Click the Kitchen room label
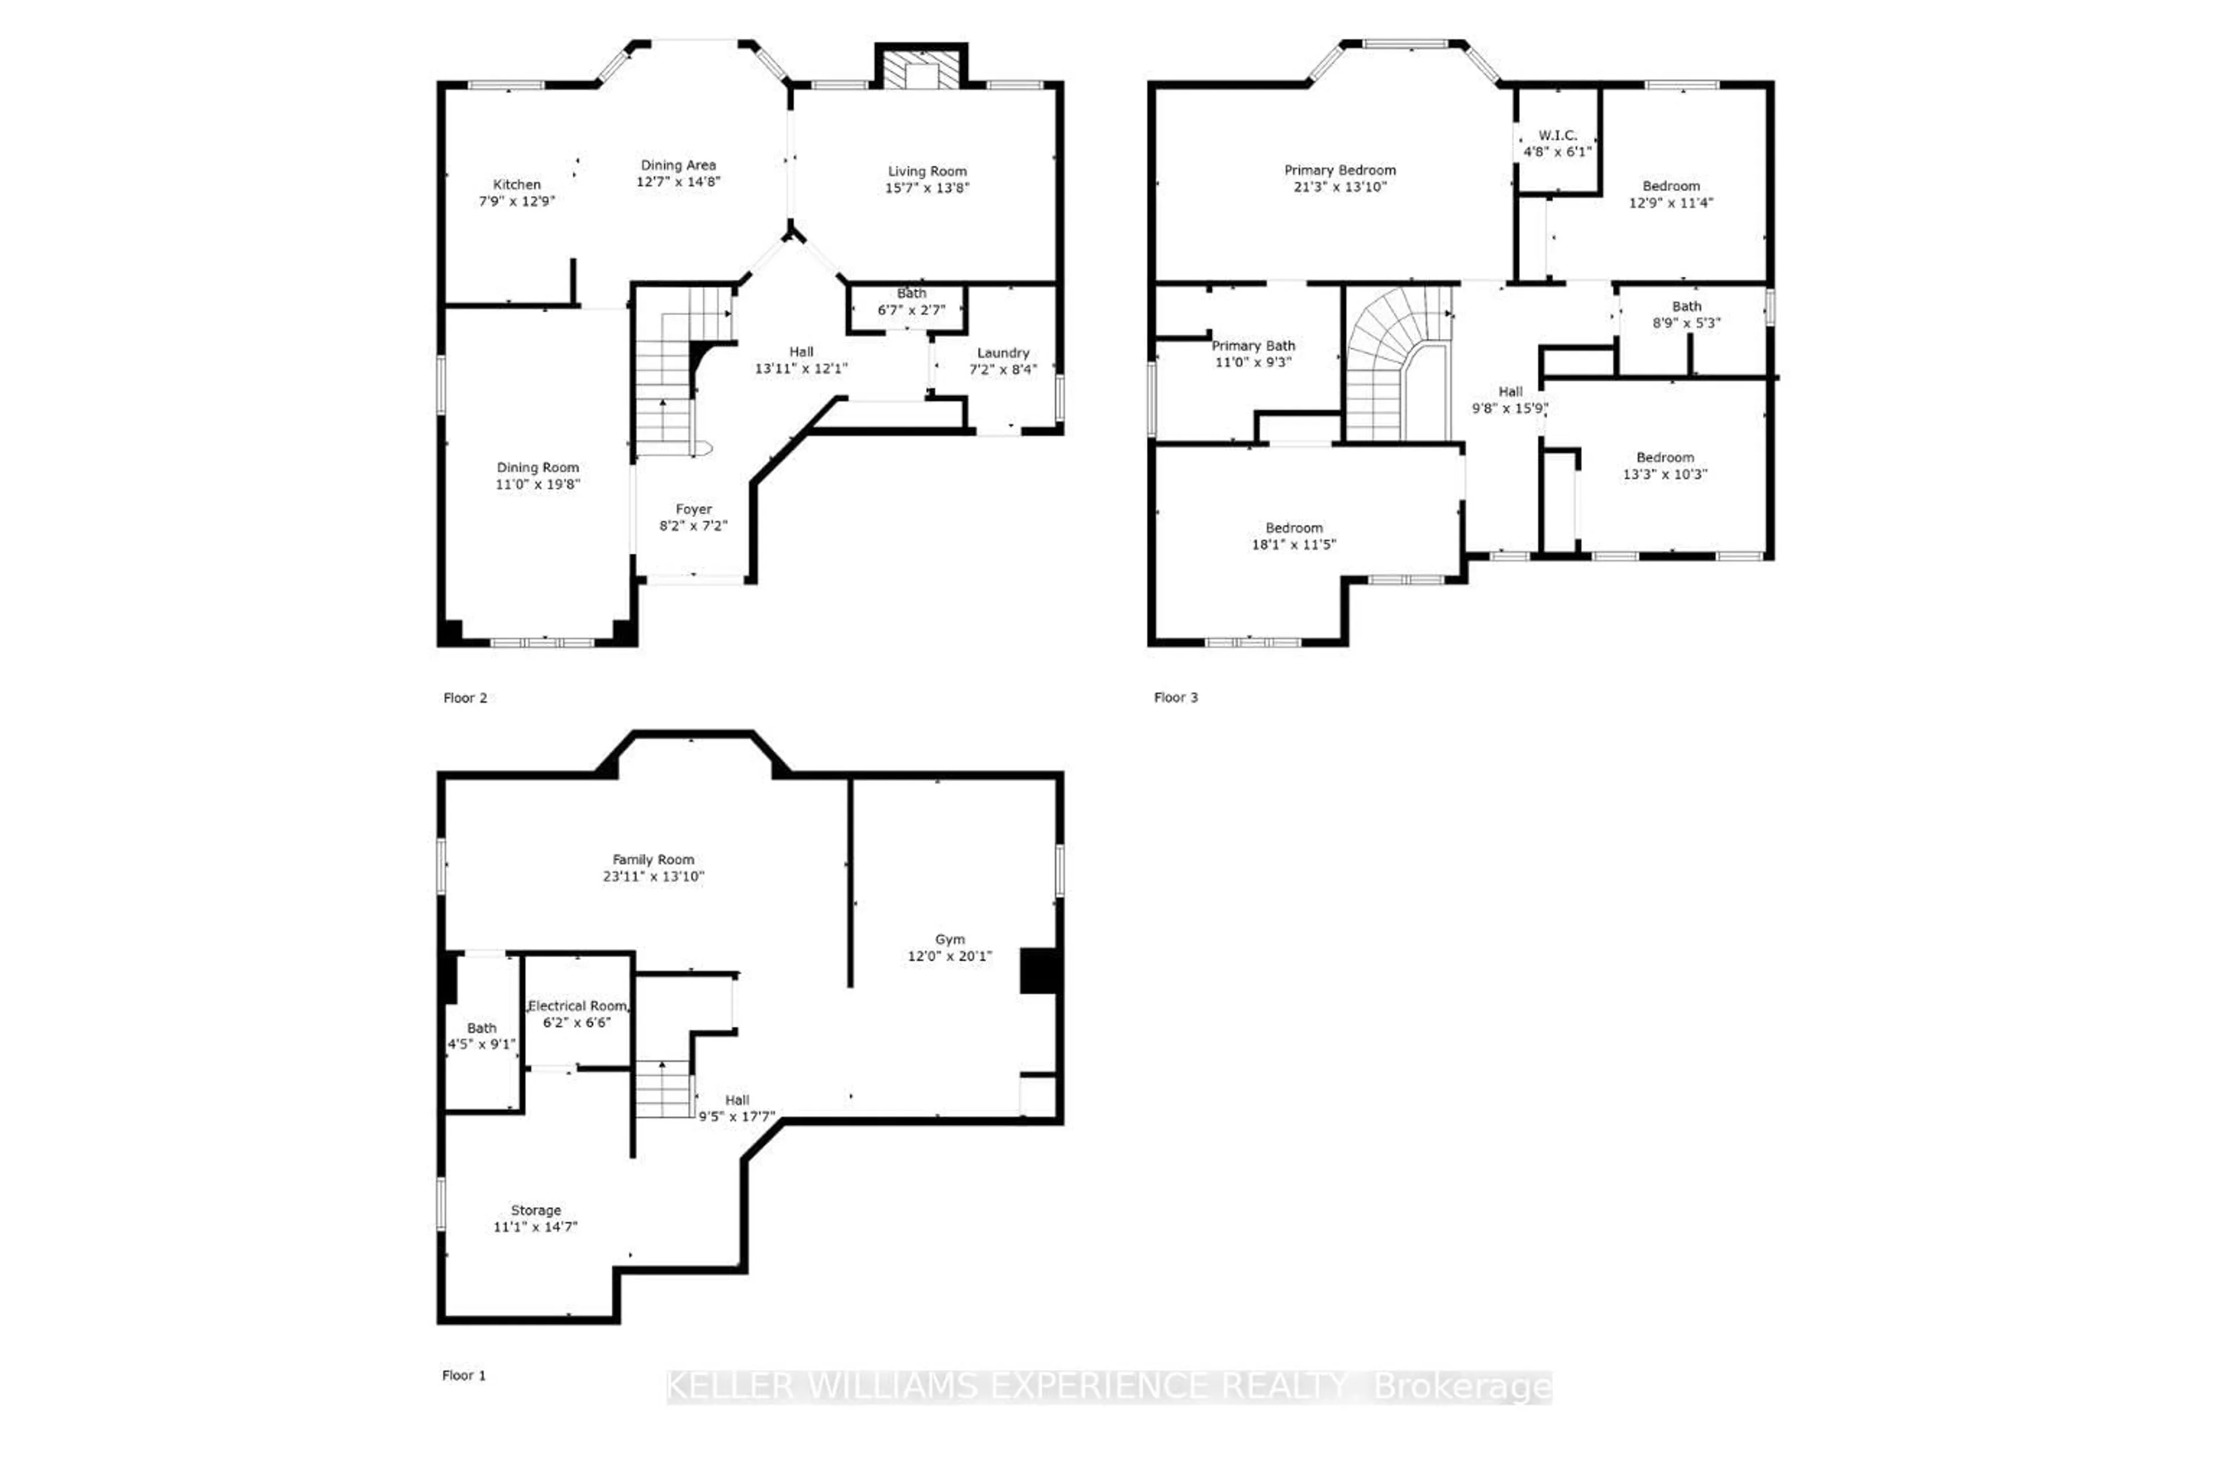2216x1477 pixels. tap(516, 185)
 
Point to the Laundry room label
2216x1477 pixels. tap(1002, 353)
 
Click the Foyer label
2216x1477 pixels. tap(694, 509)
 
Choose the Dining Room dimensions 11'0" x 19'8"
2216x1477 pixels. tap(537, 484)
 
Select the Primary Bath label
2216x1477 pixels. tap(1252, 346)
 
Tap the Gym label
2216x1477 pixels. tap(950, 939)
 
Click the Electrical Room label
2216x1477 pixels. tap(577, 1006)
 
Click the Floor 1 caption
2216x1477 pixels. tap(463, 1375)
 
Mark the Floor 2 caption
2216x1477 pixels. tap(465, 698)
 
